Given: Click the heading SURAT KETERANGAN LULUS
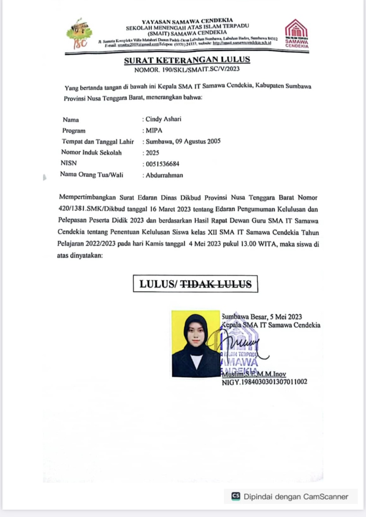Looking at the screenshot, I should pyautogui.click(x=187, y=60).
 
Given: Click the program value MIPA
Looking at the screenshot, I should pyautogui.click(x=154, y=131).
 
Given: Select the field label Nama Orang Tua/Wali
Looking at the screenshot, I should pyautogui.click(x=91, y=174).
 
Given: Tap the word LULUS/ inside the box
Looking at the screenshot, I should pyautogui.click(x=158, y=284).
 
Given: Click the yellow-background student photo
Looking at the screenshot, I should pyautogui.click(x=195, y=344).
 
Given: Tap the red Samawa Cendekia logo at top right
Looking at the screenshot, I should pyautogui.click(x=296, y=33).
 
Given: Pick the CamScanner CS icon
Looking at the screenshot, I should pyautogui.click(x=236, y=496).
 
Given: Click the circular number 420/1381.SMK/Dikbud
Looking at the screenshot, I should pyautogui.click(x=91, y=208).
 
